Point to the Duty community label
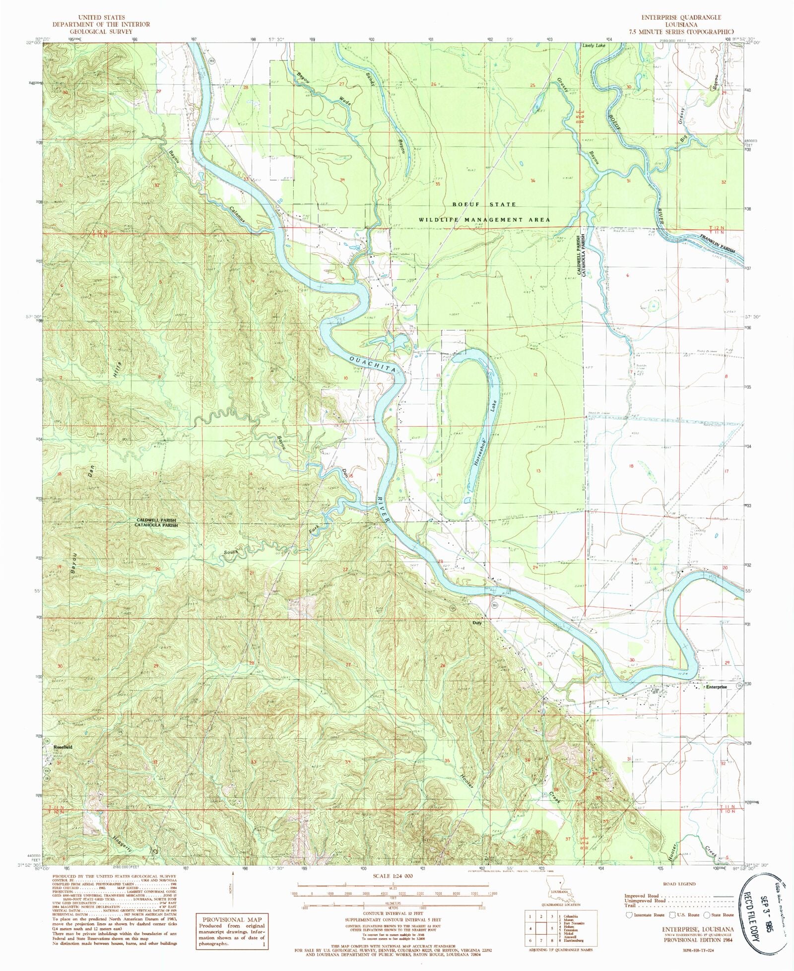[477, 622]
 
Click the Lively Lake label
[594, 45]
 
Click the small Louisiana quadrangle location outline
[558, 896]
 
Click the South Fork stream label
[231, 552]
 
